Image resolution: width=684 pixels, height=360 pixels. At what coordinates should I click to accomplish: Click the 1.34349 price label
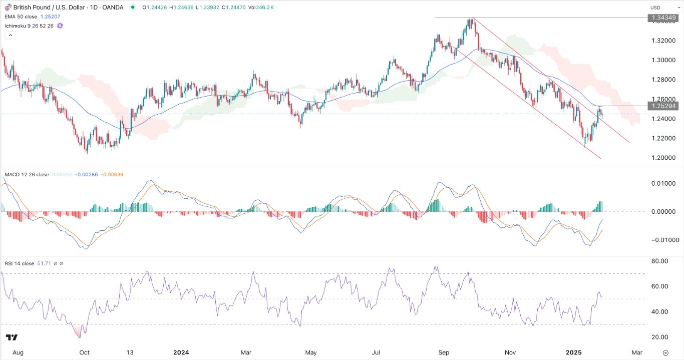click(x=663, y=18)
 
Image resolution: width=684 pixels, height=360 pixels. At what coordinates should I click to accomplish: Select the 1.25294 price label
click(x=663, y=106)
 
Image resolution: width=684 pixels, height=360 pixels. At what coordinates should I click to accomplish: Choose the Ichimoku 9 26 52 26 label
click(x=29, y=25)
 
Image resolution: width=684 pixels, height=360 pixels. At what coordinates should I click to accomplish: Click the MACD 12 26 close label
click(x=27, y=175)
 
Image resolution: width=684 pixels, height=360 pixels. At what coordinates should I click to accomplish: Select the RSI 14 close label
click(x=20, y=263)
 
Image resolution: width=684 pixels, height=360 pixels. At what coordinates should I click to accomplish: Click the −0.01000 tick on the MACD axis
click(x=661, y=240)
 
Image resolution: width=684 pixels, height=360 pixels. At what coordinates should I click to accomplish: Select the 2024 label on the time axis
click(x=182, y=352)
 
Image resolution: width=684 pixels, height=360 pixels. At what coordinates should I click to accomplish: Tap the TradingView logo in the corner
click(x=12, y=337)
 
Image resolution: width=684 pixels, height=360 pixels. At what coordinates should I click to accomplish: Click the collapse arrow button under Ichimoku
click(x=11, y=35)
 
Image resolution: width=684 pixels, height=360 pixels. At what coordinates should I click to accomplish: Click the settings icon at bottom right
click(x=665, y=352)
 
